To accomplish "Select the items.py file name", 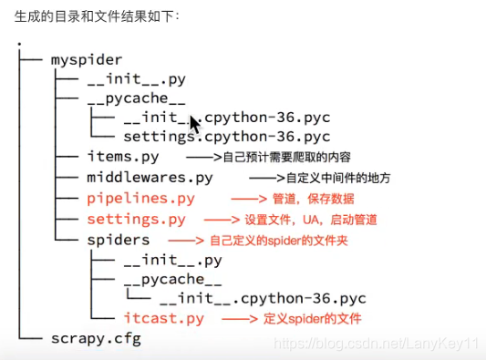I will click(123, 156).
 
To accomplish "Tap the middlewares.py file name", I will click(150, 177).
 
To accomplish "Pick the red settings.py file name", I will click(136, 220).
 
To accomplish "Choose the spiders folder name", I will click(119, 240).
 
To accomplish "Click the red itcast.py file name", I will click(164, 318).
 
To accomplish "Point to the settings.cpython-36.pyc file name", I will click(226, 136).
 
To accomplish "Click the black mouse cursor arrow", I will click(194, 123).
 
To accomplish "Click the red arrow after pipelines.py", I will click(246, 199).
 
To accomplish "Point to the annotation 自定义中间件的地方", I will click(342, 178).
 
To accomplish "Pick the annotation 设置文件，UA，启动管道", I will click(311, 220).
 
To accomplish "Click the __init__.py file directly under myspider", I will click(136, 79).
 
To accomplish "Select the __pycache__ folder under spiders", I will click(172, 279).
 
